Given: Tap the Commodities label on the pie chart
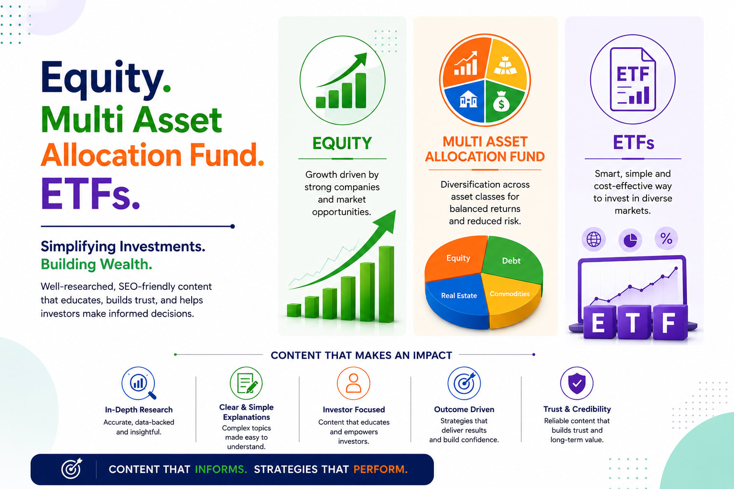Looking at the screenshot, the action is click(x=509, y=294).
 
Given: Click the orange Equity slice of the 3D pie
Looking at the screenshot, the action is click(x=455, y=259).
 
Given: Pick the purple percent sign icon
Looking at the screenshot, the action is click(x=666, y=238).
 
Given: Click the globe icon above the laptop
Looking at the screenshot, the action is click(x=594, y=239).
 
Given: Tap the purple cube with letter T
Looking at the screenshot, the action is click(x=633, y=322).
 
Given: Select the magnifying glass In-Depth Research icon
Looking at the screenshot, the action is click(x=139, y=383).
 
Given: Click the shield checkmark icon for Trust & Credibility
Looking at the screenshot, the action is click(x=577, y=383).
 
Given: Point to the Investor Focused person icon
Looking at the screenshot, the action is click(x=354, y=383).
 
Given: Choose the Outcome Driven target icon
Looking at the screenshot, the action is click(x=464, y=383).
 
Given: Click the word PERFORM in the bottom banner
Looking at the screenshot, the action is click(x=380, y=469).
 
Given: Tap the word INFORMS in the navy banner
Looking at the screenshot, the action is click(x=221, y=469).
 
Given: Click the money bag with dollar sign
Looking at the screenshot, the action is click(x=501, y=102).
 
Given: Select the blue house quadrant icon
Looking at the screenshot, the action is click(x=468, y=99).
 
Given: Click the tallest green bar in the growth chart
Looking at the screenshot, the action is click(x=386, y=284).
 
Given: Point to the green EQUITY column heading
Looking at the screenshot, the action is click(x=342, y=143).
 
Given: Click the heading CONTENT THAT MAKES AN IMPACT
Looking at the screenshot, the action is click(x=361, y=355).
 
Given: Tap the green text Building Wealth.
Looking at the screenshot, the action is click(x=97, y=264).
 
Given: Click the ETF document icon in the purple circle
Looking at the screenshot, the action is click(x=633, y=80).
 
